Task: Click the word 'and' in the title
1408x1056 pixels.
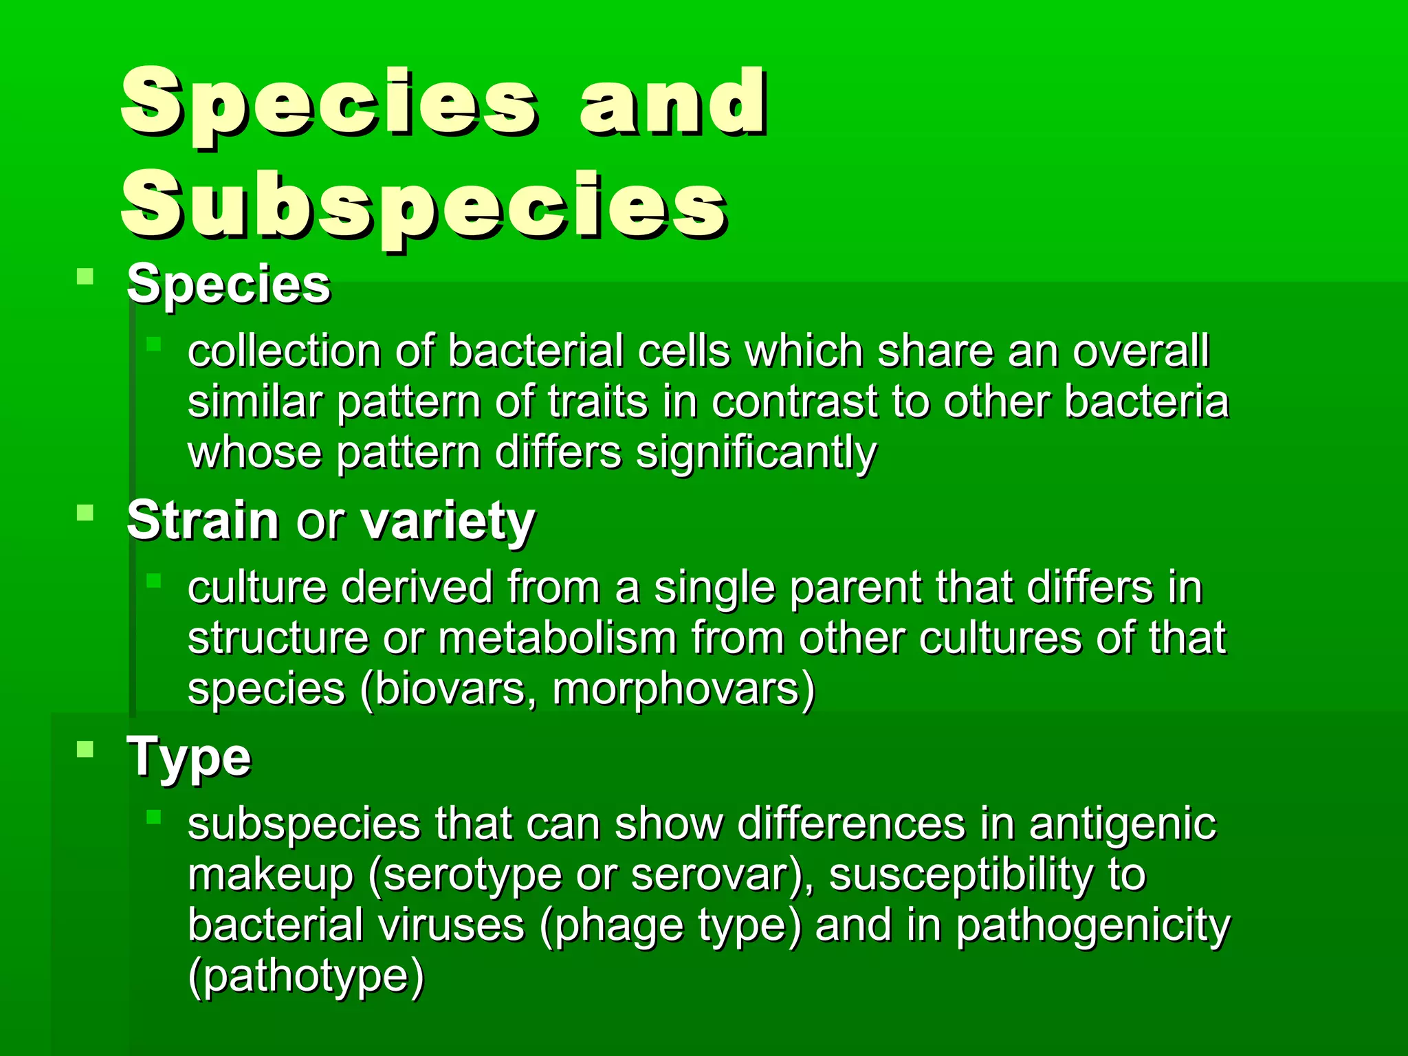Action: [672, 103]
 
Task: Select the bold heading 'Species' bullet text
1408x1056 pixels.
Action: [228, 285]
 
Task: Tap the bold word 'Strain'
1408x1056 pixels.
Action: [203, 520]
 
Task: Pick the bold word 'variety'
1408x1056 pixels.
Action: [448, 520]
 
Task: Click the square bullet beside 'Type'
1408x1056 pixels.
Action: [85, 749]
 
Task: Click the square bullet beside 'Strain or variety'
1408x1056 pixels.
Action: [85, 513]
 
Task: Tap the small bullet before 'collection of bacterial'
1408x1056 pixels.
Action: [153, 344]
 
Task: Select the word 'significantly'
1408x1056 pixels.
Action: [756, 454]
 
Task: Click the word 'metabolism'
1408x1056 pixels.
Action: [557, 638]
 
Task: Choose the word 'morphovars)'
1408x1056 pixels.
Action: [683, 689]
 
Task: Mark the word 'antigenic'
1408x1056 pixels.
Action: [1123, 824]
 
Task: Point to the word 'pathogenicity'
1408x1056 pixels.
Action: [1093, 925]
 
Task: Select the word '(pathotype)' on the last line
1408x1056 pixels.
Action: [306, 976]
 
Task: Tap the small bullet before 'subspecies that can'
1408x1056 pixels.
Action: [153, 817]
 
